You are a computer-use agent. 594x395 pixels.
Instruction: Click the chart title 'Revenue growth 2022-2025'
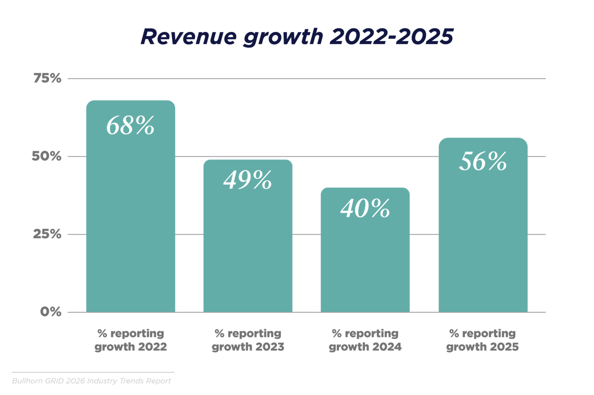(x=297, y=37)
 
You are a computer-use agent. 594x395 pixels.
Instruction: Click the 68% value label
(x=130, y=125)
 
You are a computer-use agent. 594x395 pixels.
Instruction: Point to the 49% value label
(x=247, y=180)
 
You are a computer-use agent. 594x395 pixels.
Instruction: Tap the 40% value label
(x=365, y=208)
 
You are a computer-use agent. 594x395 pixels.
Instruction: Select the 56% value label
(x=483, y=161)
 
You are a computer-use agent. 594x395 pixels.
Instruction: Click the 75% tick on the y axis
(x=47, y=78)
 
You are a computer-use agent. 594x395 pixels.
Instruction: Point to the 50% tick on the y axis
(x=47, y=156)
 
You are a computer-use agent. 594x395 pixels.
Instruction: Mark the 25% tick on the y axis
(x=47, y=234)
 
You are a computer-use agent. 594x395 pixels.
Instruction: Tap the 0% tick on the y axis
(x=51, y=312)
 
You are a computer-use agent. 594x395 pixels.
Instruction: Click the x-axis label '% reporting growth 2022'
(x=131, y=340)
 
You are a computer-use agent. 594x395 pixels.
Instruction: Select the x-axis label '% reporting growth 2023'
(x=248, y=340)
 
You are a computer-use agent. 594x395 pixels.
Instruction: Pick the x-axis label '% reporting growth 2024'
(x=365, y=340)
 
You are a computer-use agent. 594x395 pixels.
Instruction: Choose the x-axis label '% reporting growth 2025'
(x=482, y=340)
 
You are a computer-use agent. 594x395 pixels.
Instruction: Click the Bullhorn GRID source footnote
(x=92, y=381)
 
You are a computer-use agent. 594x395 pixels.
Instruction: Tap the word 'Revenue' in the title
(x=188, y=37)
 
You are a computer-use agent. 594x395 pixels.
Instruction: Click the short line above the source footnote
(x=93, y=372)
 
